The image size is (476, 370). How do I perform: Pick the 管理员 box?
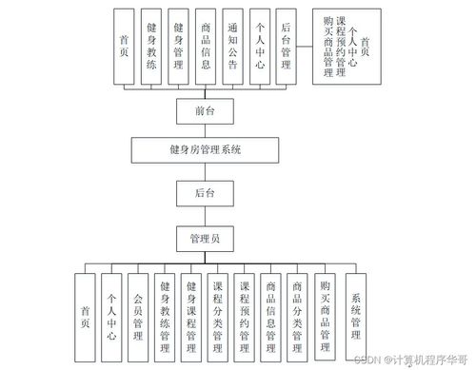pyautogui.click(x=204, y=238)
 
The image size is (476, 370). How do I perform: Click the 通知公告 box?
pyautogui.click(x=233, y=45)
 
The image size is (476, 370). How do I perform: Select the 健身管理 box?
pyautogui.click(x=179, y=45)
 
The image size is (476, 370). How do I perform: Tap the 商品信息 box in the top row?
pyautogui.click(x=207, y=45)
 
